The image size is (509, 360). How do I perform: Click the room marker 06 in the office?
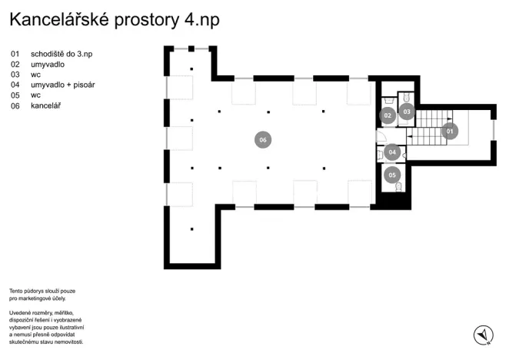point(263,140)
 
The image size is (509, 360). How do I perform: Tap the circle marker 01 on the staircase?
point(451,131)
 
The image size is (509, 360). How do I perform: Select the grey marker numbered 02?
point(388,115)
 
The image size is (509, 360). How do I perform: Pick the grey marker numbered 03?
point(408,112)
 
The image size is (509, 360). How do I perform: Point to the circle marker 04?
point(392,152)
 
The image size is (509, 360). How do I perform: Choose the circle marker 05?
point(393,175)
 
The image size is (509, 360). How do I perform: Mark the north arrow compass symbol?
point(483,335)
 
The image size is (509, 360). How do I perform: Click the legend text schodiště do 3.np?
point(62,55)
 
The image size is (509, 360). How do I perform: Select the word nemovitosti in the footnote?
point(64,341)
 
